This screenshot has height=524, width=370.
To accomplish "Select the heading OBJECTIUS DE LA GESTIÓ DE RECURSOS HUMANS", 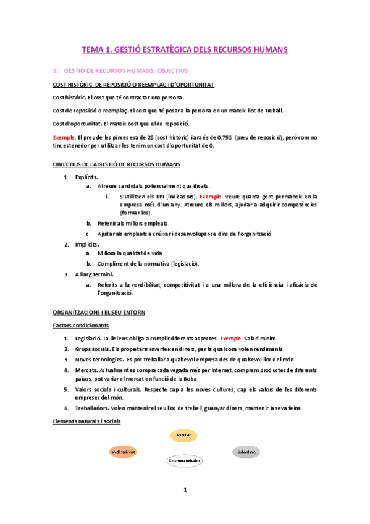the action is coord(116,164).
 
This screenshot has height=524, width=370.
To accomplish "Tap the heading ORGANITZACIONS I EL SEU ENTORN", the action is coord(99,313).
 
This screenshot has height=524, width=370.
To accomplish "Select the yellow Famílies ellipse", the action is coord(183,436).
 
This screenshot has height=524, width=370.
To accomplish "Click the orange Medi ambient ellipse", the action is coord(123,452).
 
